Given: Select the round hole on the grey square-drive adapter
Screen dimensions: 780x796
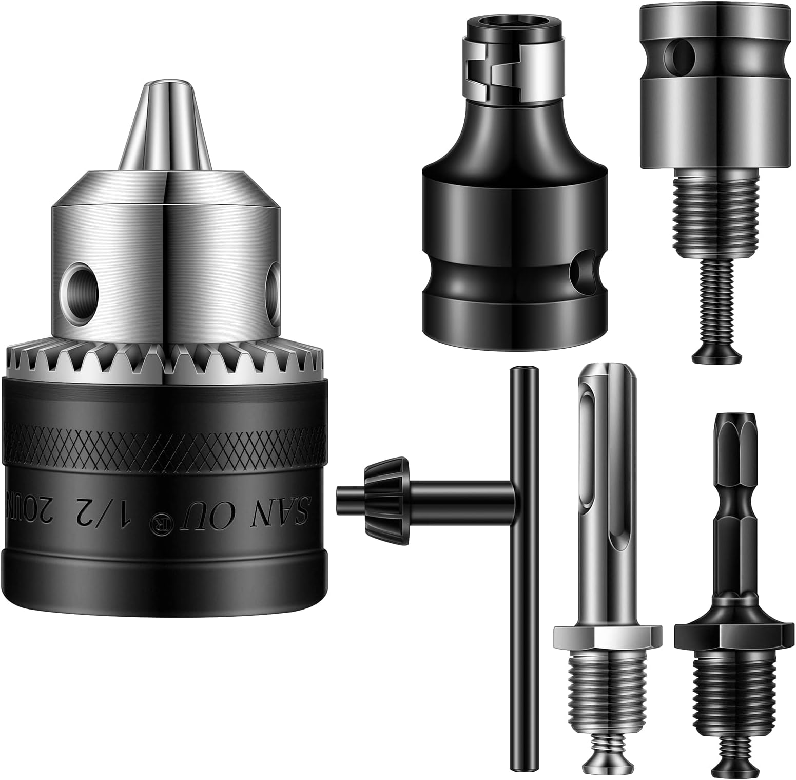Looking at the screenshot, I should pos(678,52).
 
